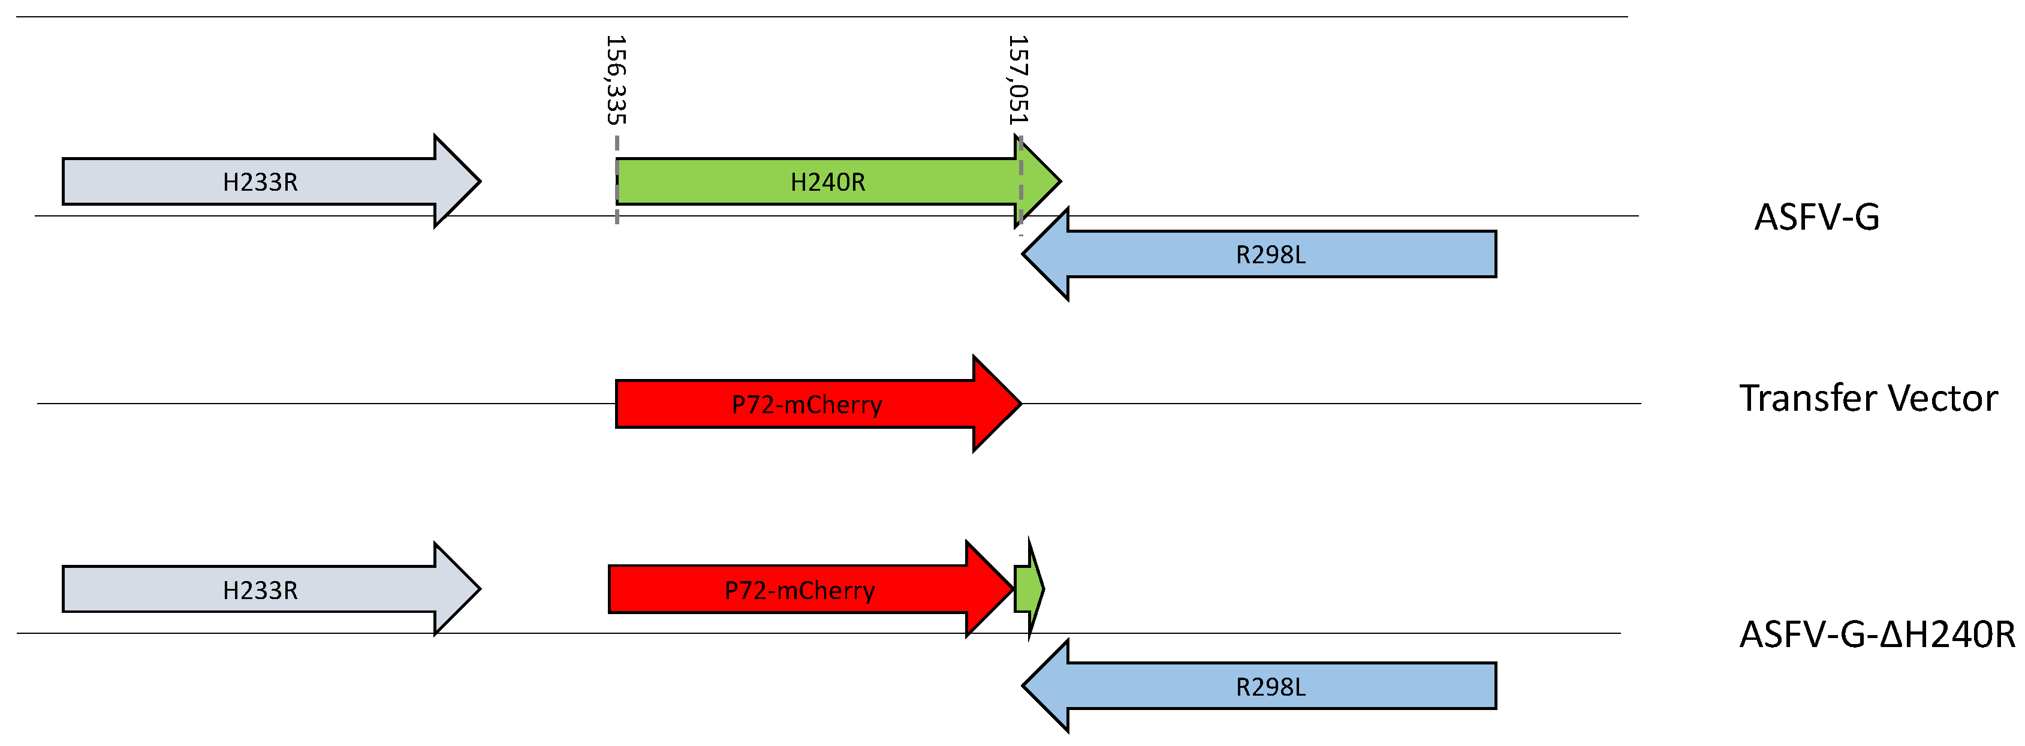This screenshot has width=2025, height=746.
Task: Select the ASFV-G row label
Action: coord(1816,217)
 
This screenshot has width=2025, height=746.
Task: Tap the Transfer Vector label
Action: coord(1868,398)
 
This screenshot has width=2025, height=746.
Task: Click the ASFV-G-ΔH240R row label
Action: coord(1876,634)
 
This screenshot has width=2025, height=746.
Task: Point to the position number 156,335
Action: coord(616,80)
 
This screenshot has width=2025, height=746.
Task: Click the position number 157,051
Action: coord(1018,80)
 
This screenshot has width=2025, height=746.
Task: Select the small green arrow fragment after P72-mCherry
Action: coord(1027,588)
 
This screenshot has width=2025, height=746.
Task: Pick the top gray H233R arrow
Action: coord(260,182)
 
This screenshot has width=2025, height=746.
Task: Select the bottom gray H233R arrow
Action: coord(260,589)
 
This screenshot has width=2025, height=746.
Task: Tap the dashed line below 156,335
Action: coord(617,181)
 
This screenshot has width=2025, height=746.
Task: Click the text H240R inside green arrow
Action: coord(827,182)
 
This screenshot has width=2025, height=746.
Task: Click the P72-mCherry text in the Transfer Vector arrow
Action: coord(806,405)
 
